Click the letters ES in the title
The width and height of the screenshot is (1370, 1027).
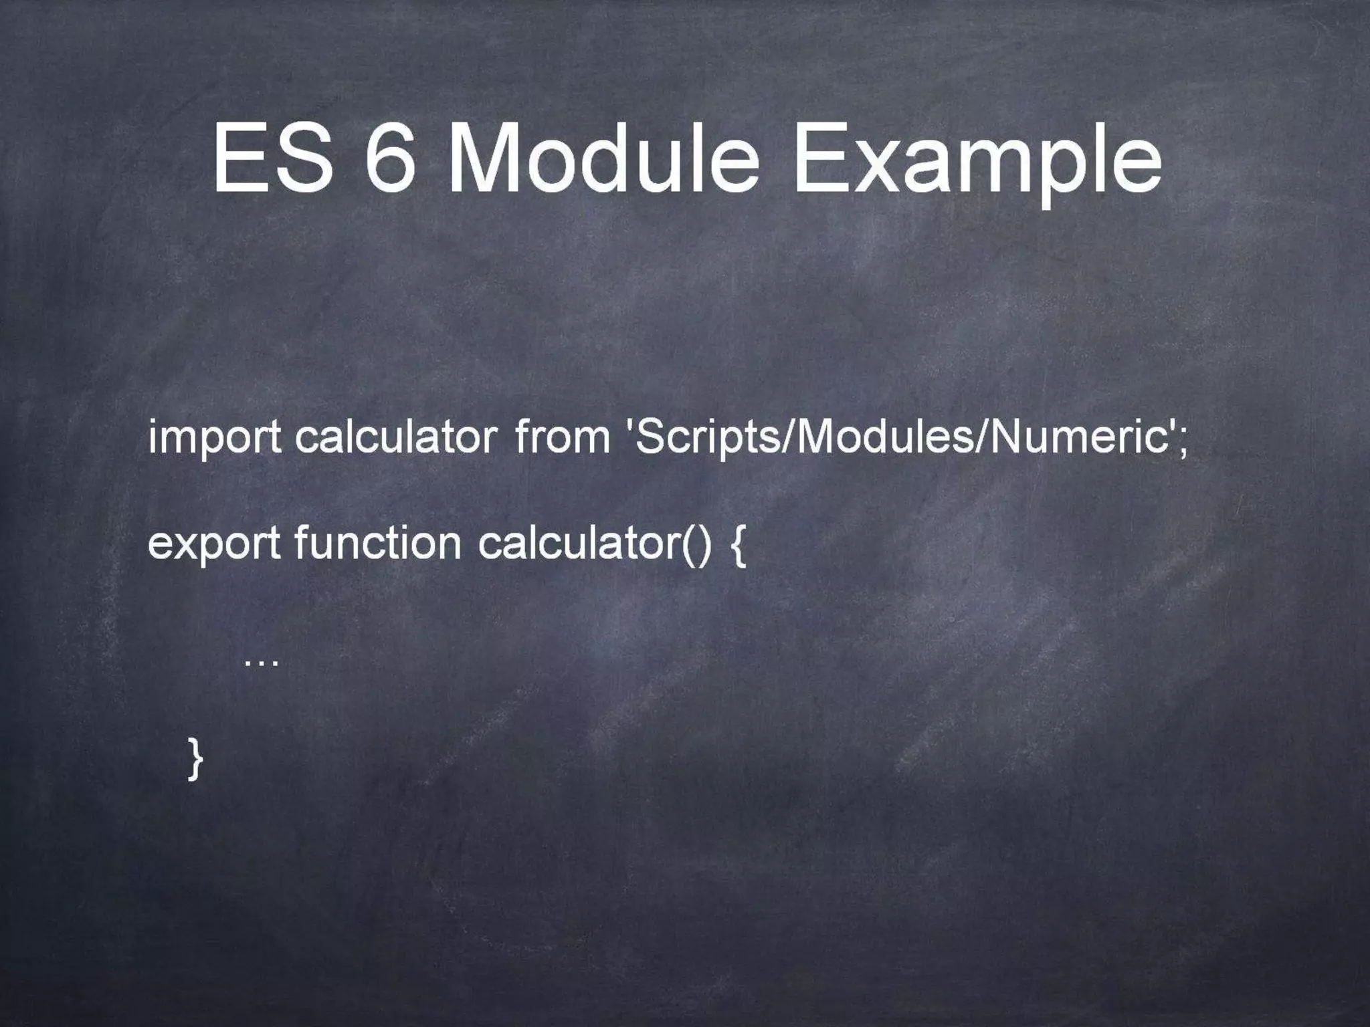pyautogui.click(x=273, y=158)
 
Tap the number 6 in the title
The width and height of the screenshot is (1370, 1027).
pyautogui.click(x=389, y=158)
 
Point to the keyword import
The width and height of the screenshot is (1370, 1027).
pyautogui.click(x=214, y=438)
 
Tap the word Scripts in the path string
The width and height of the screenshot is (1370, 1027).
pyautogui.click(x=708, y=438)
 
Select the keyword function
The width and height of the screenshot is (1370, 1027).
pyautogui.click(x=377, y=542)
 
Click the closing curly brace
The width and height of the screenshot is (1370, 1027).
pyautogui.click(x=194, y=758)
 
